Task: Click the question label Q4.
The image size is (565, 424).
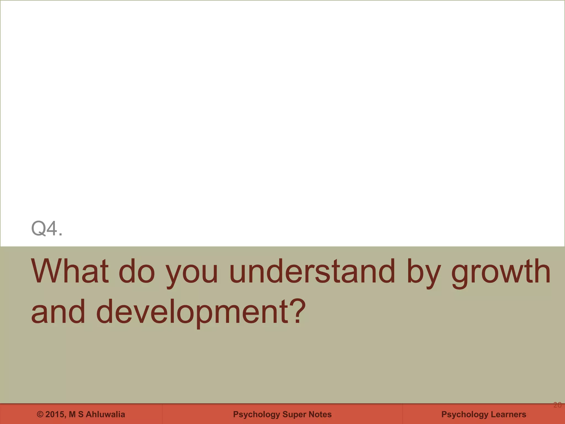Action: (47, 229)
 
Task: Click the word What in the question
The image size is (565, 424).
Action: (70, 271)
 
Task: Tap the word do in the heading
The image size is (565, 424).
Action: (137, 271)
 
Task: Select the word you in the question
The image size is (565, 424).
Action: (192, 273)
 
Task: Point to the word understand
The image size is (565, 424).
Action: (312, 271)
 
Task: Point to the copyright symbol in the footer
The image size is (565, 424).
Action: (40, 414)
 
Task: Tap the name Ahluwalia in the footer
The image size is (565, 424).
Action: (105, 414)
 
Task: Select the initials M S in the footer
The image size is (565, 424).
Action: (76, 414)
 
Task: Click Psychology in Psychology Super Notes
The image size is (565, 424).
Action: (256, 414)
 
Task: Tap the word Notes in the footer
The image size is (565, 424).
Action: (320, 414)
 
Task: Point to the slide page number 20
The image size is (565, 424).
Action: (557, 405)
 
